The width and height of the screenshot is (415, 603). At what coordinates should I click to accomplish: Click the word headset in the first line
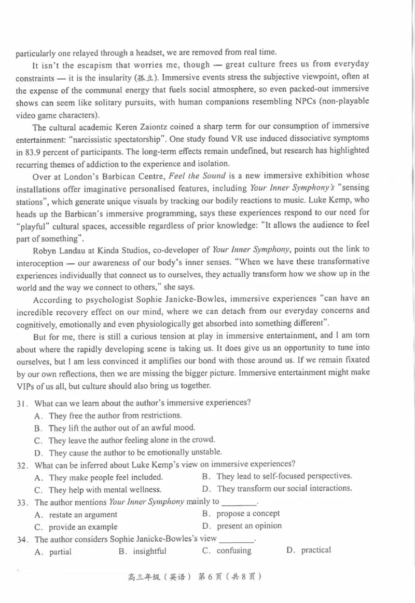pos(142,52)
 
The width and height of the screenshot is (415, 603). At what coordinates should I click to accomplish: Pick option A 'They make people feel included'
pos(106,477)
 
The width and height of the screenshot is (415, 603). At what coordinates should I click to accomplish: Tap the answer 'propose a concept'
pos(248,514)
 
